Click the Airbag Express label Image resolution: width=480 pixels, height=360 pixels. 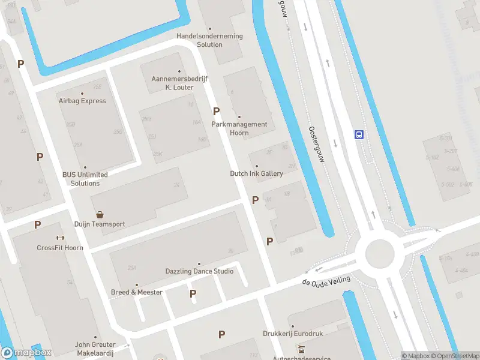[82, 101]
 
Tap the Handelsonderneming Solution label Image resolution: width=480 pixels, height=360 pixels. [209, 40]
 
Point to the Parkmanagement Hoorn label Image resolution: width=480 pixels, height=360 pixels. [239, 128]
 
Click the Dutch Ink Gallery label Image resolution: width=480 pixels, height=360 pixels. [256, 173]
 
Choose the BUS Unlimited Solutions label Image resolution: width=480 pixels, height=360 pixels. [85, 179]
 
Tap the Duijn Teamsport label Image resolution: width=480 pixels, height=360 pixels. [100, 224]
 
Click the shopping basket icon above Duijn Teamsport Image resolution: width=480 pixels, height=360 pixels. [100, 214]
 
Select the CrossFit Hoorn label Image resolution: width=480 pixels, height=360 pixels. [60, 248]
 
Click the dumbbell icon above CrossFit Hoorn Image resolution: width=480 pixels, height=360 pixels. [60, 238]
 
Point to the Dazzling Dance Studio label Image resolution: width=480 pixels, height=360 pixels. [199, 271]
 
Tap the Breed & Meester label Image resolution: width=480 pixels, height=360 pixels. [137, 292]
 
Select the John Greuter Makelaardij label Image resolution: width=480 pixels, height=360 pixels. [95, 349]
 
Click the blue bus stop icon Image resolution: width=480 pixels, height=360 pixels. [359, 134]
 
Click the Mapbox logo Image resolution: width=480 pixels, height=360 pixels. [26, 353]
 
